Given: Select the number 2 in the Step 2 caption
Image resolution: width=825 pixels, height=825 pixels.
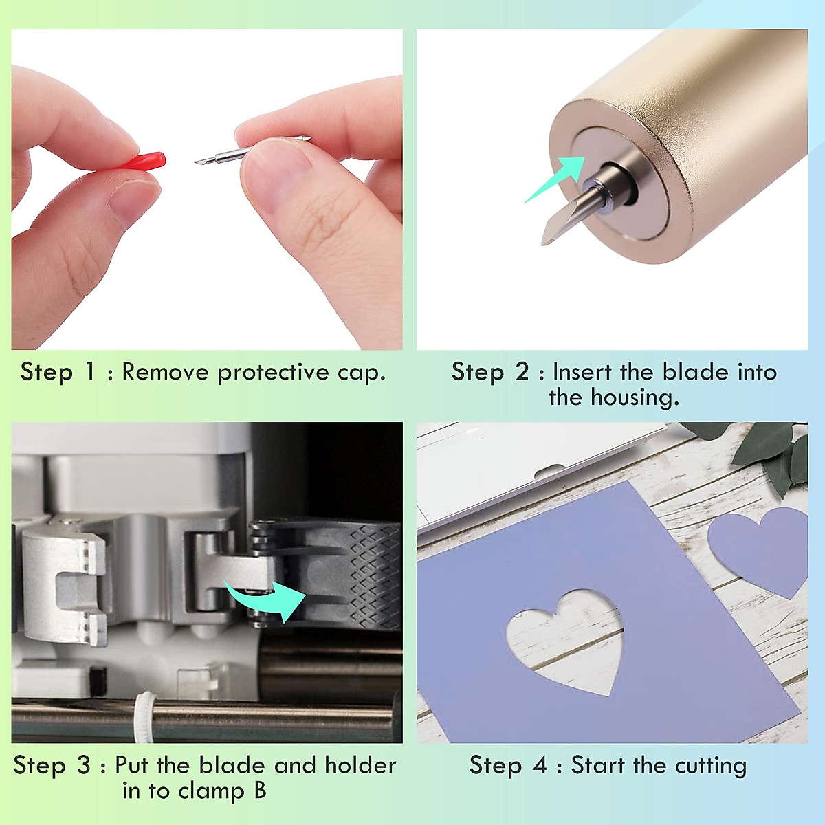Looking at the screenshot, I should click(522, 372).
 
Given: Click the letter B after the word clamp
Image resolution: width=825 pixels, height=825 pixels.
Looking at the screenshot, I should click(259, 791).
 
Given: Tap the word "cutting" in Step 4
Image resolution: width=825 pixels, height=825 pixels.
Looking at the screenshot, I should click(710, 766).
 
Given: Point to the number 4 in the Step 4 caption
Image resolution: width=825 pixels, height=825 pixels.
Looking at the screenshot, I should click(540, 765).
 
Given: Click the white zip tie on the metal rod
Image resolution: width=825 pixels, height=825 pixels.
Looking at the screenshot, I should click(144, 718).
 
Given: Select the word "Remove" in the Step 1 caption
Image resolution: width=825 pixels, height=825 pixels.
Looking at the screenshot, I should click(165, 373).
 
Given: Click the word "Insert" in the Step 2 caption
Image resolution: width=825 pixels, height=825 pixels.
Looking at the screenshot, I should click(582, 372).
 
